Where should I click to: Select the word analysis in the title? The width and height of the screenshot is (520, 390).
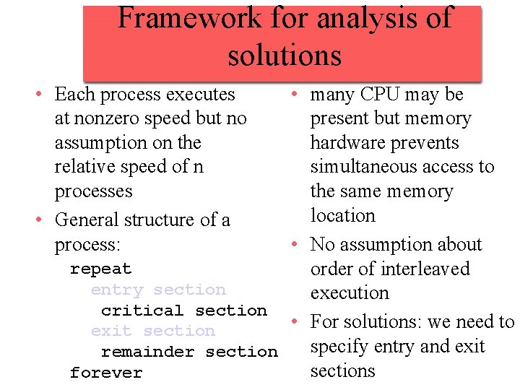coord(361,17)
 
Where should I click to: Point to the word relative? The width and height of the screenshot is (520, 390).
coord(79,167)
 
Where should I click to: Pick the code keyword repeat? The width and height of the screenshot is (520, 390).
coord(100,269)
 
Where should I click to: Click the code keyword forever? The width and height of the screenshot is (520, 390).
coord(106,373)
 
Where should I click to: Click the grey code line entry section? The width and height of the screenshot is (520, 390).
coord(158,290)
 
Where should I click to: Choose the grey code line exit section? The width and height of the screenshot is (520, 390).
coord(153,331)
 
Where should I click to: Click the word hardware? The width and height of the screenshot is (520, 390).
coord(347,143)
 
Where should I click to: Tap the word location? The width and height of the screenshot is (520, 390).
coord(342,215)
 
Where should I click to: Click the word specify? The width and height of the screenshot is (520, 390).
coord(338,347)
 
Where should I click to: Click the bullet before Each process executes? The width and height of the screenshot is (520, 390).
coord(45,95)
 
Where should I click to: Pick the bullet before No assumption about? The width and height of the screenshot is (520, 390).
coord(296,245)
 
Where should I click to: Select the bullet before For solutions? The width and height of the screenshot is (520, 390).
coord(296,322)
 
